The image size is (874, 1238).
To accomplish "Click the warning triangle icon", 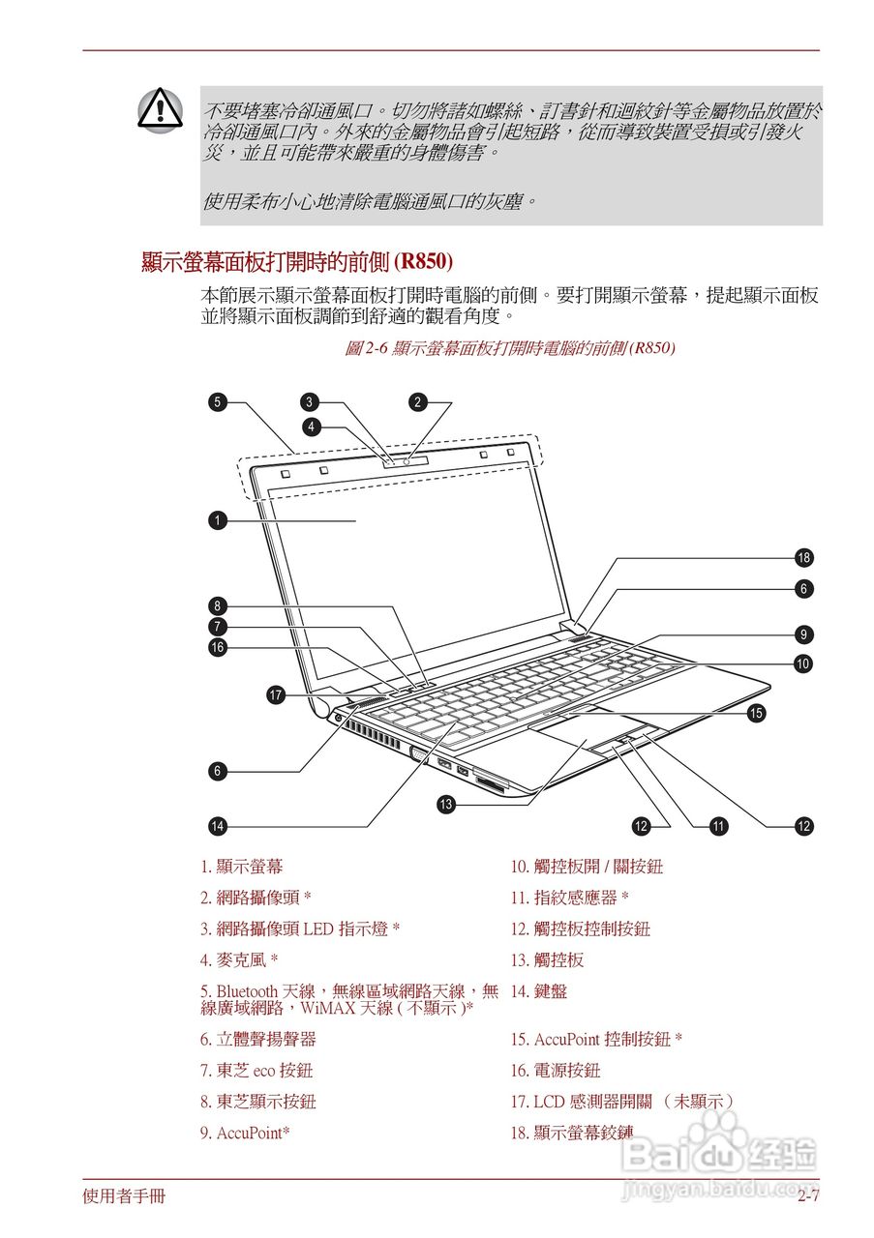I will tap(158, 107).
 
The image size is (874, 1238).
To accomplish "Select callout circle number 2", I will tap(417, 401).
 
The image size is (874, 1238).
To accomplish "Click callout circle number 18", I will tap(803, 557).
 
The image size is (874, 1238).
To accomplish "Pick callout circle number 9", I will tap(803, 634).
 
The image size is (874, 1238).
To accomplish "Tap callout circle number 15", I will tap(756, 713).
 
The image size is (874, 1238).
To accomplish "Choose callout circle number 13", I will tap(445, 804).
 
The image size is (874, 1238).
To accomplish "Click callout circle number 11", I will tap(718, 826).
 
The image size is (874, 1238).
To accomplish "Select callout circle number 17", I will tap(276, 694).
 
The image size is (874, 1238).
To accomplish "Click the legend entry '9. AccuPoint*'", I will tap(245, 1133).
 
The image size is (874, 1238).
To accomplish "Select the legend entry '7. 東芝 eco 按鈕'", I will tap(256, 1071).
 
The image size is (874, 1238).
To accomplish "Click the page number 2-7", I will tap(808, 1196).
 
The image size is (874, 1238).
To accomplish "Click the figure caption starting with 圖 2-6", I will tap(509, 347).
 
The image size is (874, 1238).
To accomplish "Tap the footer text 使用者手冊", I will tap(124, 1196).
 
